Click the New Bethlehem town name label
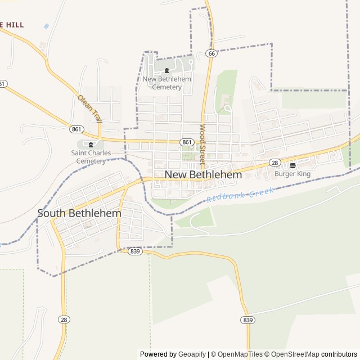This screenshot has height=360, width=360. point(203,175)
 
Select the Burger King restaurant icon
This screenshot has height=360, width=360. point(292,165)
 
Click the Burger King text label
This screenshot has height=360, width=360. point(292,174)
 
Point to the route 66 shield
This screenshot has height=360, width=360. point(211,53)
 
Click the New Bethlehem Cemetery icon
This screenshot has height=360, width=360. point(166,70)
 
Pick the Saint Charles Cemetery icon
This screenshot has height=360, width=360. point(91,145)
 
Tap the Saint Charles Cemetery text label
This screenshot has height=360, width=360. point(91,157)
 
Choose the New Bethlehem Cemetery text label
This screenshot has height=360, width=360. point(166,83)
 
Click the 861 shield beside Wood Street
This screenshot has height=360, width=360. point(187,142)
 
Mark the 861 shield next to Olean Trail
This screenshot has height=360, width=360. point(77,129)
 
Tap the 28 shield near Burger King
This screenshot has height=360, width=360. point(274,163)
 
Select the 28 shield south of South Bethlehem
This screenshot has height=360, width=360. point(64,319)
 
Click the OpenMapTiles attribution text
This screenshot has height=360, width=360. point(237,354)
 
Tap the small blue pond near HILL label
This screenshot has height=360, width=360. point(46,26)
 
